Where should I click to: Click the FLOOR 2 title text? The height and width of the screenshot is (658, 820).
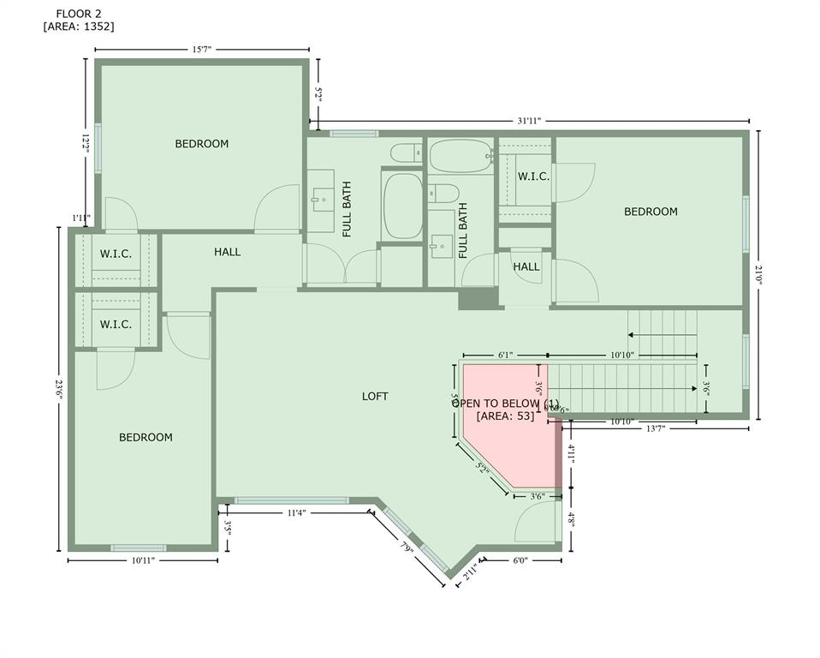[x=78, y=13]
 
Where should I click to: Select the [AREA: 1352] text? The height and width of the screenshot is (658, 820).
[x=78, y=27]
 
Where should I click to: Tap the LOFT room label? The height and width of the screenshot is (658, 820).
[x=375, y=396]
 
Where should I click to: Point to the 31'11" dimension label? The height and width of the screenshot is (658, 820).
[x=529, y=122]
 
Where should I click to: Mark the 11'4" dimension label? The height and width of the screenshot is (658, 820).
[x=295, y=512]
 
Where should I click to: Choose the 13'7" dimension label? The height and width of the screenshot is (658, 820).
[x=655, y=428]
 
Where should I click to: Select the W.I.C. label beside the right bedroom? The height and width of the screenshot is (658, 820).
[x=533, y=176]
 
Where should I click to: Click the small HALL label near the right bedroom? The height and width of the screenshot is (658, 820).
[x=526, y=266]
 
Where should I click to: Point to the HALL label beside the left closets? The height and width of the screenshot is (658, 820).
[x=228, y=252]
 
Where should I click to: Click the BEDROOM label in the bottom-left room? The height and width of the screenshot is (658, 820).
[x=146, y=437]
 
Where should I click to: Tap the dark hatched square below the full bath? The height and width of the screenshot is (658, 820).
[x=478, y=298]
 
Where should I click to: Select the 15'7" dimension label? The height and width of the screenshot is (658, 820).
[x=202, y=50]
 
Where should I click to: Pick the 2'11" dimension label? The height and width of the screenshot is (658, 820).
[x=470, y=572]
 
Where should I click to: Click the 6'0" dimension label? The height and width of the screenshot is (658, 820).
[x=520, y=560]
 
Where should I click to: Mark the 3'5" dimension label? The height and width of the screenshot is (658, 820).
[x=228, y=524]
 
